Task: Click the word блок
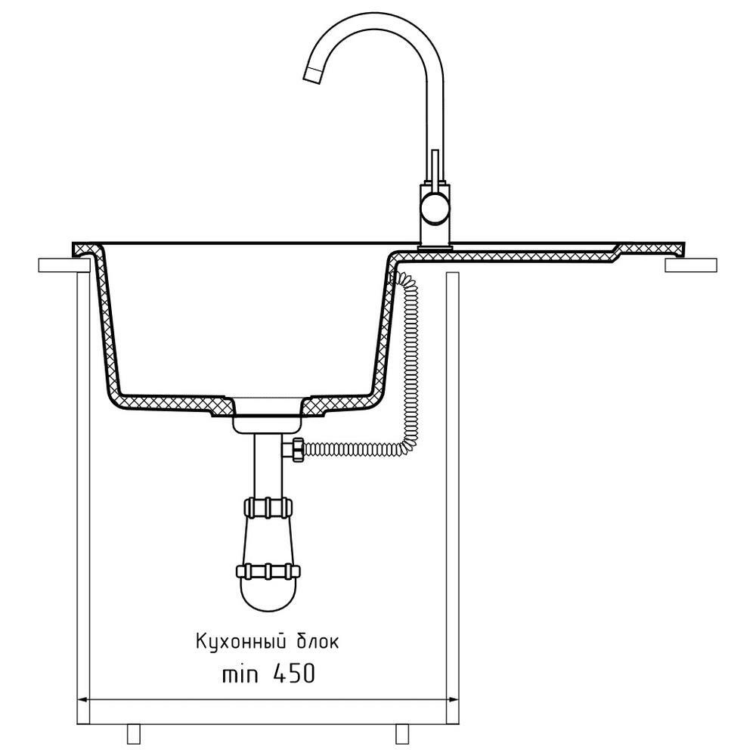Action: point(314,642)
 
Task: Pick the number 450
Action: point(293,674)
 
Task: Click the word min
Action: point(240,674)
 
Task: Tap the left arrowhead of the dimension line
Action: point(83,699)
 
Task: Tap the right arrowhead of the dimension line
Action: point(453,699)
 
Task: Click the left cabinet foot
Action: point(134,733)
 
